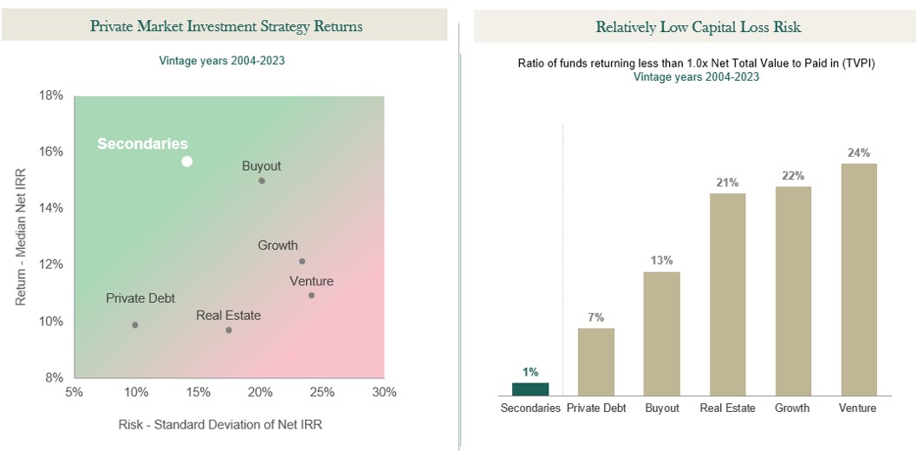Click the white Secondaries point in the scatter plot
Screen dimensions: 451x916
point(186,161)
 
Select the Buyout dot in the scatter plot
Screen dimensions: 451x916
point(262,180)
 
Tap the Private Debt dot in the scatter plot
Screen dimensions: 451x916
point(135,325)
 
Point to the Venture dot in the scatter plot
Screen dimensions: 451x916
point(311,296)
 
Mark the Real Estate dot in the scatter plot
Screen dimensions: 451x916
point(229,330)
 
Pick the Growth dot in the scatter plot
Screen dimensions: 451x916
point(302,261)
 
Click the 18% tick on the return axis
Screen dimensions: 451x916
point(51,95)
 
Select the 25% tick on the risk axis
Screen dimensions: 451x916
point(322,392)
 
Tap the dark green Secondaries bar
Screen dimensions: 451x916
point(530,389)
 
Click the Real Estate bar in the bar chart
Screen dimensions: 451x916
point(727,294)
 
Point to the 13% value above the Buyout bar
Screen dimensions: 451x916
point(661,259)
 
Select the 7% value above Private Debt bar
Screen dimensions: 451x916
point(595,317)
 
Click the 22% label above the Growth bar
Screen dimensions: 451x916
point(792,175)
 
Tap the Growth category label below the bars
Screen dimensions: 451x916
point(792,408)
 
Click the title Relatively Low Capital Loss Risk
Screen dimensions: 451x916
point(698,27)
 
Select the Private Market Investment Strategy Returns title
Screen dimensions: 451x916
point(226,26)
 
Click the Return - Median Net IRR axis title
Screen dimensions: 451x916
point(22,236)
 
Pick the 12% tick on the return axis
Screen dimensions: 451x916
point(51,265)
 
